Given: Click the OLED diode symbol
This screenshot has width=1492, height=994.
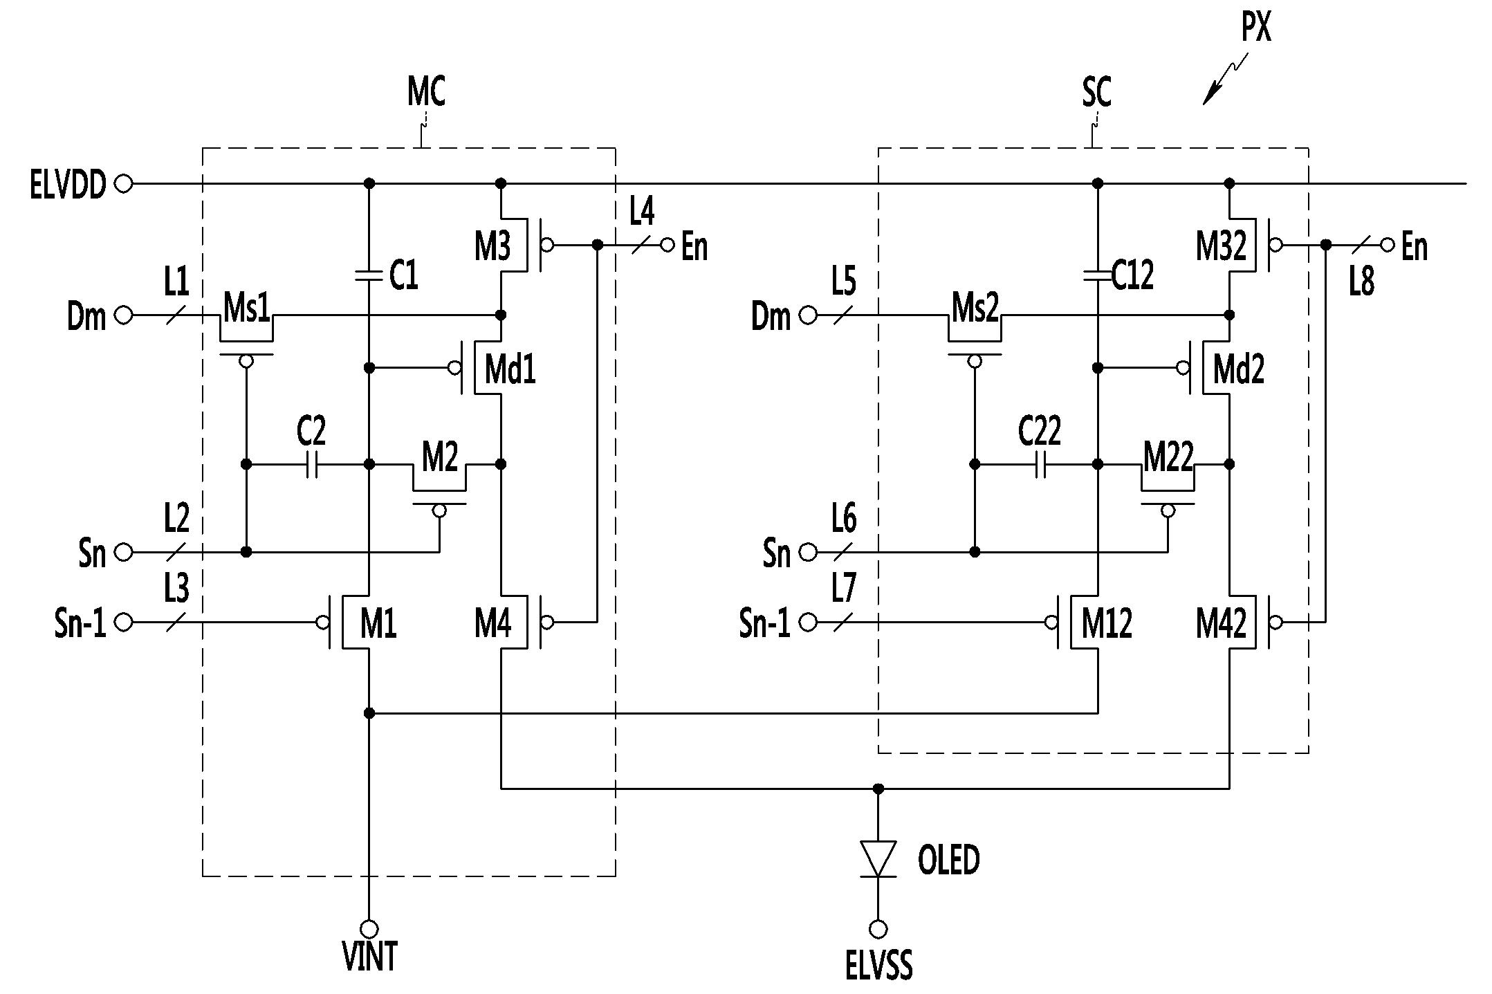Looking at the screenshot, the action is coord(878,859).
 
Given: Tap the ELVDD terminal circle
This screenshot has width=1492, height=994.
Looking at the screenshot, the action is coord(123,184).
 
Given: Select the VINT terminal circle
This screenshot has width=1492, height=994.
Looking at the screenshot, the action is coord(369,928).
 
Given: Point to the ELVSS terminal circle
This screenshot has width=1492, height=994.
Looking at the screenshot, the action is coord(878,928).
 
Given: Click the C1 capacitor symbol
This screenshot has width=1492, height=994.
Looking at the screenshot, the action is coord(369,275).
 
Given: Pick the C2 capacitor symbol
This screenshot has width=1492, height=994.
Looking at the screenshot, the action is coord(312,464).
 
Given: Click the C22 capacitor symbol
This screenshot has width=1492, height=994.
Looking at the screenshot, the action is coord(1040,464).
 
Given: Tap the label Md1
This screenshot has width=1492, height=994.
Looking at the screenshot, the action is coord(510,369).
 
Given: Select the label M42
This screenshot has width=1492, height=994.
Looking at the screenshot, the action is coord(1221,623).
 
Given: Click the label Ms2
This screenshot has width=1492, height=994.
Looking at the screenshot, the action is coord(975,308).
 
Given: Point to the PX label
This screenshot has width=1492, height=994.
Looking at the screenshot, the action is coord(1256,28).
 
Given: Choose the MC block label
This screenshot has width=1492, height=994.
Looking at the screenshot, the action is coord(426,91).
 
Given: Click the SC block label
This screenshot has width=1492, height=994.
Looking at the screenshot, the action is coord(1096,91).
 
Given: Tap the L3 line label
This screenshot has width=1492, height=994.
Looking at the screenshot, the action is coord(176,589).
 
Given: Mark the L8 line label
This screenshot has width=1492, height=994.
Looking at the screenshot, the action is coord(1362,282).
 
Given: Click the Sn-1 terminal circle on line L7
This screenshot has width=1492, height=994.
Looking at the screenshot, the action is coord(807,623).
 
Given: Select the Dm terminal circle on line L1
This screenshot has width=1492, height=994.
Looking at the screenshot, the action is coord(123,315).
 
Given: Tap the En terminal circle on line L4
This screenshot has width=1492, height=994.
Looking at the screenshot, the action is coord(667,245).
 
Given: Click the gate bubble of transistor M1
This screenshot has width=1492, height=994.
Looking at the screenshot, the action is coord(322,623).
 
